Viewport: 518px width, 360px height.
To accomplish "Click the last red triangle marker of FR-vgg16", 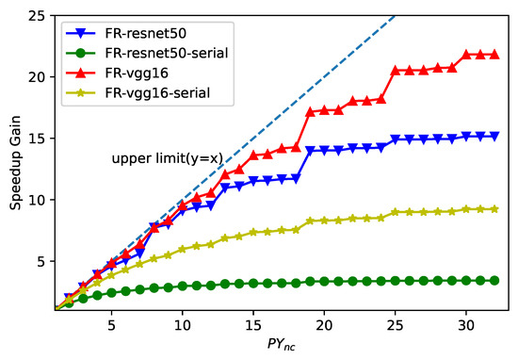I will (494, 55).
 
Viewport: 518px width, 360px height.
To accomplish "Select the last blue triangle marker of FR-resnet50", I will (494, 136).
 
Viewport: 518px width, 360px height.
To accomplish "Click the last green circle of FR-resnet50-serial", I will (494, 280).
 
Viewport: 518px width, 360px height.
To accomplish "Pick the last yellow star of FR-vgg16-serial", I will (494, 209).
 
